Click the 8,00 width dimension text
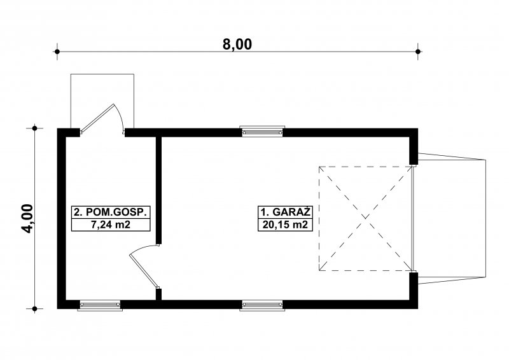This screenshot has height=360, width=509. [237, 44]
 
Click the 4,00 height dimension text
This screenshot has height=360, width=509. [28, 218]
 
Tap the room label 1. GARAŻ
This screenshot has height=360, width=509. [285, 212]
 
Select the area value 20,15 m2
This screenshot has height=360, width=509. [285, 225]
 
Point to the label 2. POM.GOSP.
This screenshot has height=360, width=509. [111, 212]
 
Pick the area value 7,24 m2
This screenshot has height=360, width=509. [111, 225]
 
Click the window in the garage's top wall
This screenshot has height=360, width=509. [262, 131]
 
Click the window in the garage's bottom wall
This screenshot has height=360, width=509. [262, 305]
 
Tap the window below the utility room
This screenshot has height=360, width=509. [100, 305]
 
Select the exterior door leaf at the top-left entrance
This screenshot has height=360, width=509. [97, 118]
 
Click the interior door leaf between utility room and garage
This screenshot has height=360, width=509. [144, 272]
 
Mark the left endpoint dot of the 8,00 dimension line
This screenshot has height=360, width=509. [57, 52]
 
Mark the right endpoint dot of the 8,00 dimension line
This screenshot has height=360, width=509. [418, 52]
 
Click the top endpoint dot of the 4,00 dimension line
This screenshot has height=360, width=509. [35, 128]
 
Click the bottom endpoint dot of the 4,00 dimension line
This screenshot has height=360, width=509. [35, 308]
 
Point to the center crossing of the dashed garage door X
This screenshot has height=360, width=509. [366, 218]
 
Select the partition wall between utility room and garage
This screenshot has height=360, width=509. [158, 190]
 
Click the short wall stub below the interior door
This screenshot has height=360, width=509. [158, 294]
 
